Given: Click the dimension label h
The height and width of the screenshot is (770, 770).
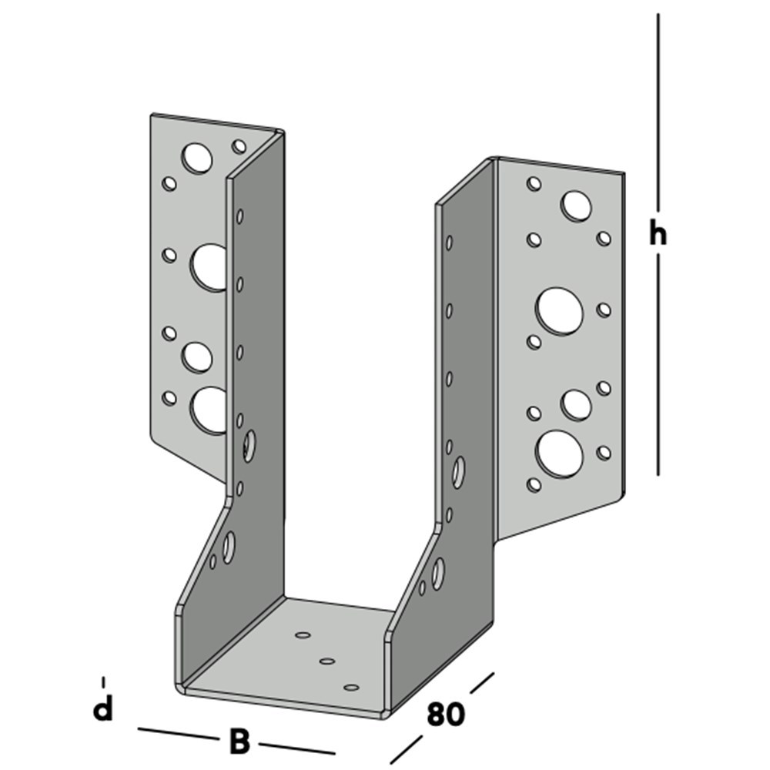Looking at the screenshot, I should tap(657, 233).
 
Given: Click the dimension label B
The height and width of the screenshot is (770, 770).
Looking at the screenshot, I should tap(239, 742).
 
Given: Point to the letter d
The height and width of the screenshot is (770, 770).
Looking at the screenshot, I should tap(102, 709).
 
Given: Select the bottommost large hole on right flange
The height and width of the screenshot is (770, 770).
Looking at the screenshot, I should tap(560, 452).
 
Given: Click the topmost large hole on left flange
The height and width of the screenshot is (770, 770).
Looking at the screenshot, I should tap(197, 157).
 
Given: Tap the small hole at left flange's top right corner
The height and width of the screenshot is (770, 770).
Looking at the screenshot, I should tap(239, 146).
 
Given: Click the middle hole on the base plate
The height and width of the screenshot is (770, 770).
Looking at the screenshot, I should tap(326, 661).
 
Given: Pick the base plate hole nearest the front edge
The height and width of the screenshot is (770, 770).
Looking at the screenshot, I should tap(352, 687).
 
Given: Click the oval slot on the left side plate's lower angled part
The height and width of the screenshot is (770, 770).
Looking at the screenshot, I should tap(229, 546).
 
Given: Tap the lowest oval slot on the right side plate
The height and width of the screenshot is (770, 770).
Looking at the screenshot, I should tap(438, 574).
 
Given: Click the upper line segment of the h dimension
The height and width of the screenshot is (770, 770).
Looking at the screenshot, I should tap(658, 115).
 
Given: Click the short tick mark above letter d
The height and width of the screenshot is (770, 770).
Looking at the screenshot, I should tap(103, 681).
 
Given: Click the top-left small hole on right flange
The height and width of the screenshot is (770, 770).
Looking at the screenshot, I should tap(533, 183).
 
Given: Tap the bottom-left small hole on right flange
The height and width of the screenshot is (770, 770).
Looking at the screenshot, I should tap(533, 484).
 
